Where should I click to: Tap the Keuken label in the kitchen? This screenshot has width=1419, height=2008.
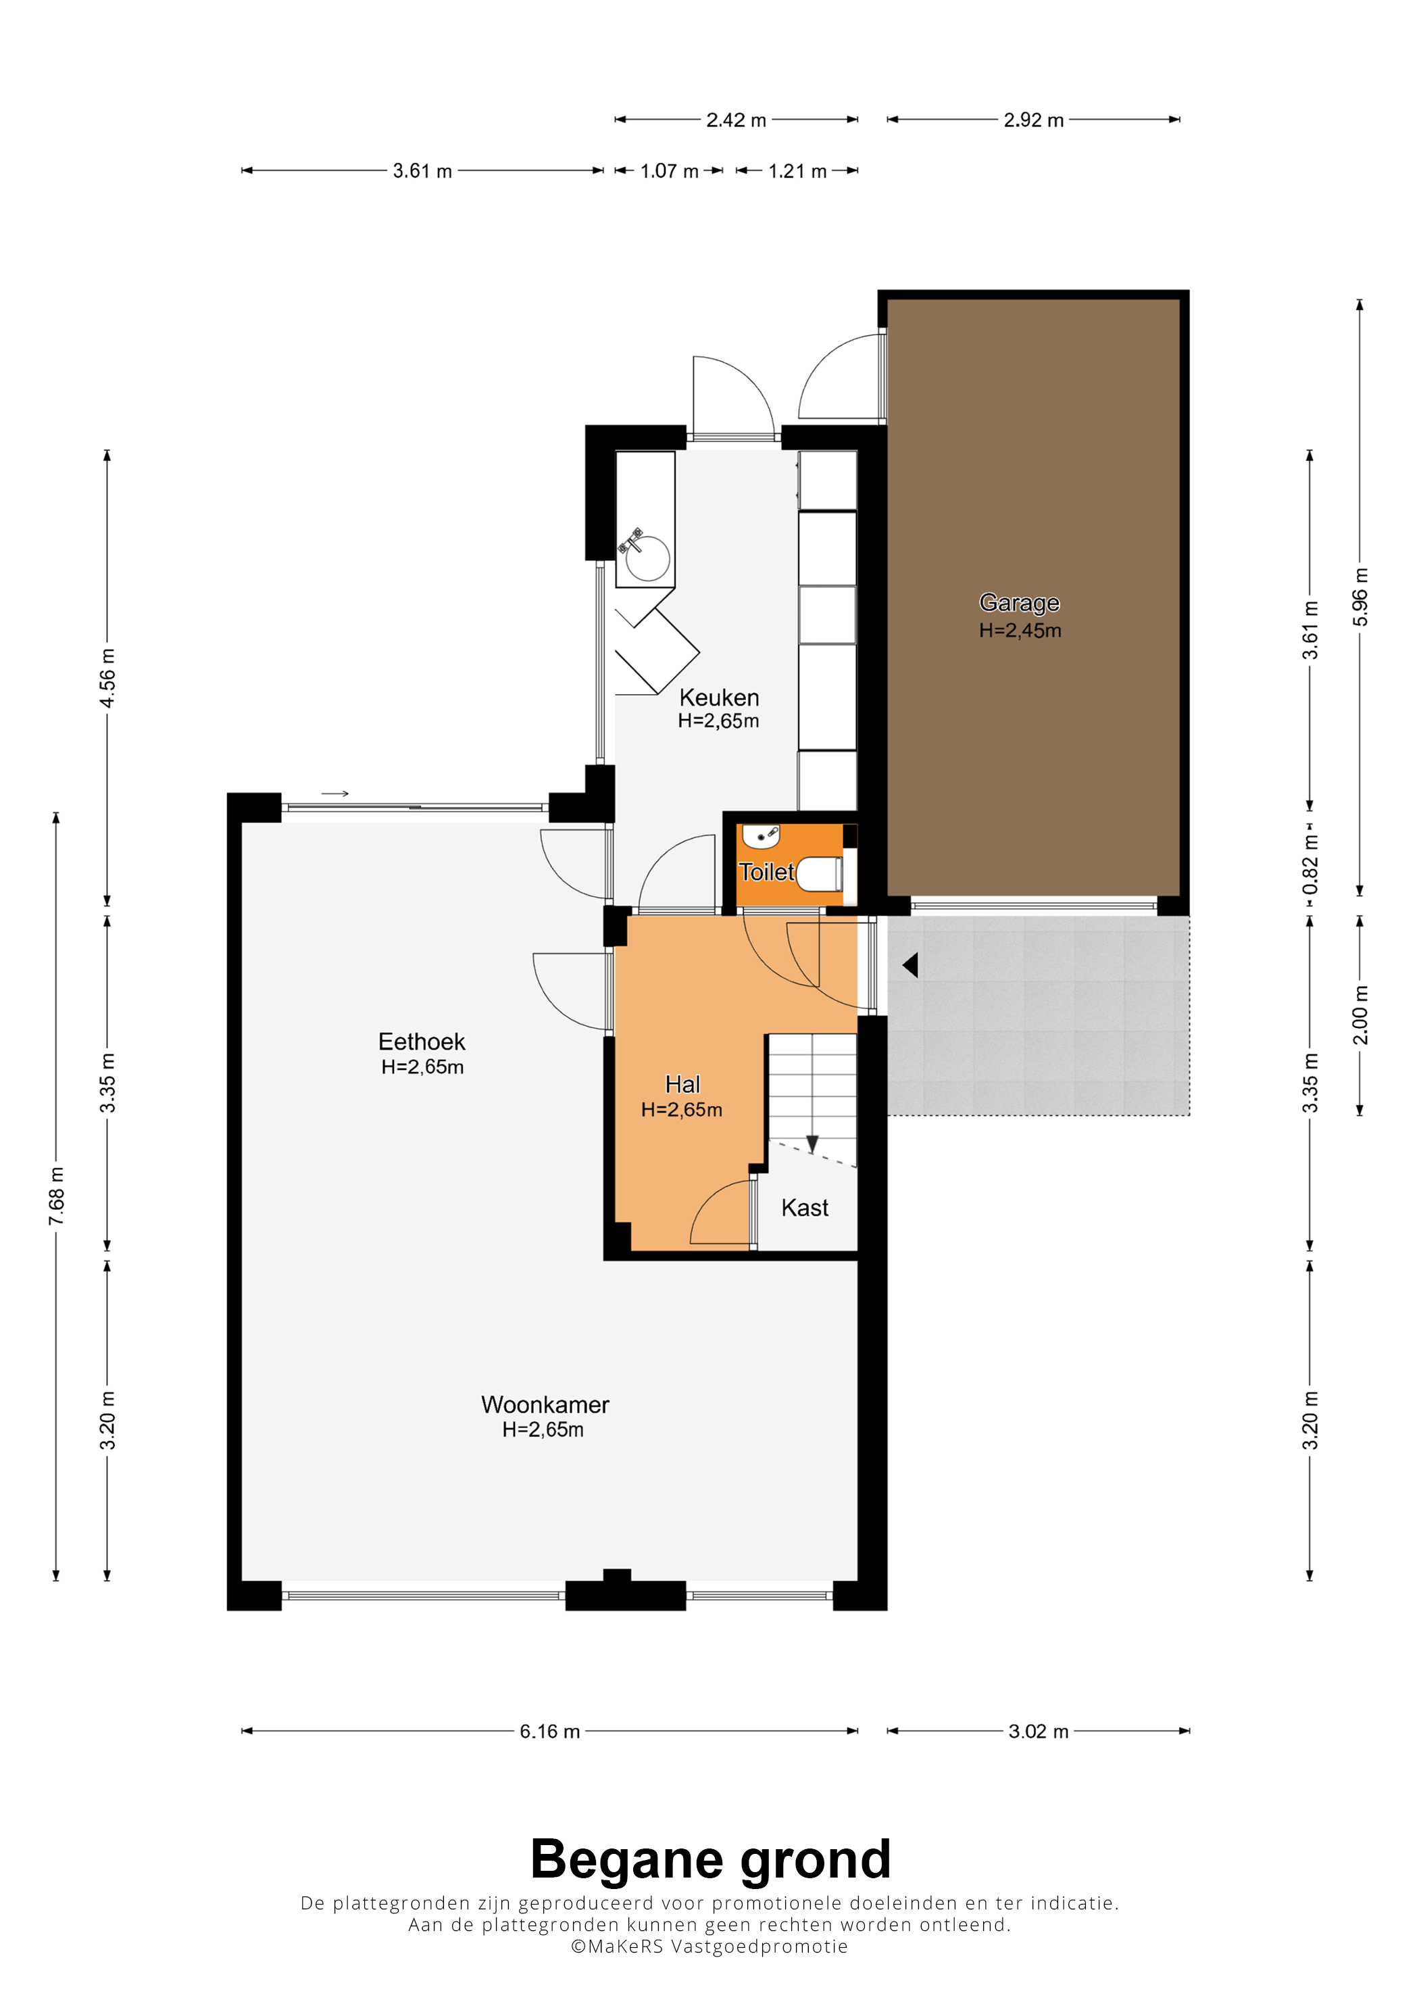click(719, 697)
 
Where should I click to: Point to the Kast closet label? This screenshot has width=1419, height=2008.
click(804, 1208)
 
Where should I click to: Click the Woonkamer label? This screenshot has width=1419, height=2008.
click(545, 1404)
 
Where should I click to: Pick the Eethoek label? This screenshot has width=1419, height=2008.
click(422, 1042)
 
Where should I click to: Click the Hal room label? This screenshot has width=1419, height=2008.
click(682, 1085)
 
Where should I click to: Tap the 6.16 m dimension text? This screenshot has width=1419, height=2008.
click(550, 1732)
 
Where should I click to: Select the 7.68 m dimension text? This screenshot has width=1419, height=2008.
click(56, 1196)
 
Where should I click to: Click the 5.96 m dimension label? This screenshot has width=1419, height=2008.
click(1360, 597)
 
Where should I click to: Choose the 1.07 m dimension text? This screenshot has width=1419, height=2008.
click(669, 172)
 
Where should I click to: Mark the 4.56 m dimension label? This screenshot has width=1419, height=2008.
click(107, 679)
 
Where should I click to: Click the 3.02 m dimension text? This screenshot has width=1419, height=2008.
click(1038, 1732)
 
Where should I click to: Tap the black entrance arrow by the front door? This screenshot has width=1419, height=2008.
click(910, 964)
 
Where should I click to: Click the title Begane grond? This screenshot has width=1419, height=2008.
click(710, 1859)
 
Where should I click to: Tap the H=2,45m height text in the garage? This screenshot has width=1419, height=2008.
click(1020, 631)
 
